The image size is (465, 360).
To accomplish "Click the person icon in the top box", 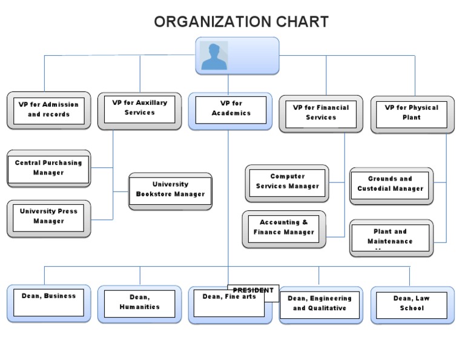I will click(x=214, y=56).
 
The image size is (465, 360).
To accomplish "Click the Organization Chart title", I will click(x=241, y=22).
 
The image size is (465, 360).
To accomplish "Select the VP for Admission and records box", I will click(x=48, y=110).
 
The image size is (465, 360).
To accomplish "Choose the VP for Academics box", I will click(x=231, y=110).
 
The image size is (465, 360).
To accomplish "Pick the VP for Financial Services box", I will click(x=321, y=113).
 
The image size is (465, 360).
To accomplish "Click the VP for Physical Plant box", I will click(x=412, y=113).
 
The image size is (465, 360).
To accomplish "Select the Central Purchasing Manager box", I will click(x=48, y=168).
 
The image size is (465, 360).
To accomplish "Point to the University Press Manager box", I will click(x=48, y=217).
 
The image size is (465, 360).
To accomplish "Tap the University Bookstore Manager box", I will click(x=170, y=190).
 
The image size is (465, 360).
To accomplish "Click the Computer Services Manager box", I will click(x=287, y=182).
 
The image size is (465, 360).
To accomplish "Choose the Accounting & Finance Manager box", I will click(x=283, y=228).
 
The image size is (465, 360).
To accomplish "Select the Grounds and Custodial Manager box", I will click(x=391, y=185).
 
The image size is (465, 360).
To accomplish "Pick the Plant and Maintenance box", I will click(x=391, y=238).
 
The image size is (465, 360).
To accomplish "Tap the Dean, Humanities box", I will click(x=139, y=303).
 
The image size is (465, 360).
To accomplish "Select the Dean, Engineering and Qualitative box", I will click(x=320, y=304).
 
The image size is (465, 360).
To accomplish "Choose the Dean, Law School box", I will click(x=412, y=304).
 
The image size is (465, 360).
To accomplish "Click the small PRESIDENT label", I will click(x=253, y=290).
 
